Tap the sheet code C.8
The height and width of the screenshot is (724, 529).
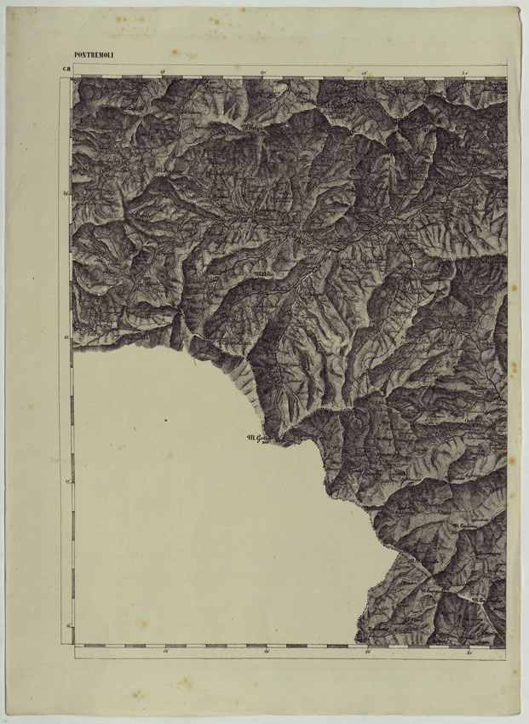pos(65,70)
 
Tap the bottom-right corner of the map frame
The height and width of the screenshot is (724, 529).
pos(507,646)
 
